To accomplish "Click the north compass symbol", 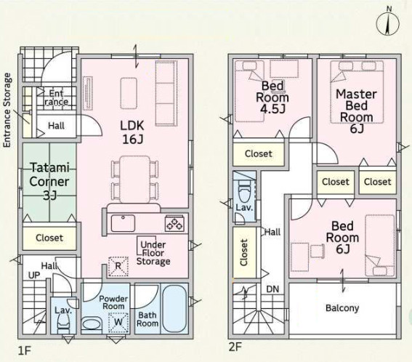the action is click(388, 23).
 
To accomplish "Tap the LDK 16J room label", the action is click(132, 132).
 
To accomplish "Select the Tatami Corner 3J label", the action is click(49, 182).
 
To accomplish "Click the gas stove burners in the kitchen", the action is click(174, 223).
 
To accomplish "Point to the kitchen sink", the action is click(123, 223).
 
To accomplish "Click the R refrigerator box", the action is click(118, 266).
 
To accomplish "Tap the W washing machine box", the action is click(118, 322).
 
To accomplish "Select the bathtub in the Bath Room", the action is click(174, 309).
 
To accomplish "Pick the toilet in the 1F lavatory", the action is click(63, 323).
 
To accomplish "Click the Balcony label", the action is click(342, 308).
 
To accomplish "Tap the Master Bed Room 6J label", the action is click(357, 111).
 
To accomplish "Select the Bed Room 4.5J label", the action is click(272, 97).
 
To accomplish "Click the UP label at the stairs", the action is click(34, 275).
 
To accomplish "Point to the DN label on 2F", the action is click(272, 289).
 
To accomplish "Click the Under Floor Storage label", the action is click(153, 253).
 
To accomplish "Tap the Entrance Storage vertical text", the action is click(7, 110).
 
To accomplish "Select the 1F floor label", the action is click(25, 350).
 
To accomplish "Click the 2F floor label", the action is click(235, 347).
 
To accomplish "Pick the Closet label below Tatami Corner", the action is click(49, 238).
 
